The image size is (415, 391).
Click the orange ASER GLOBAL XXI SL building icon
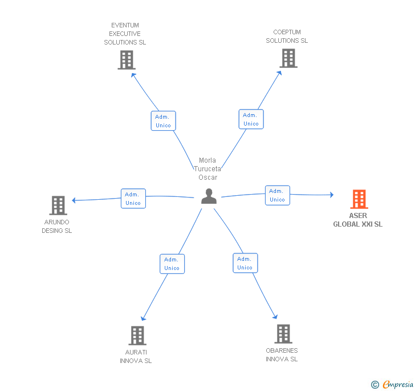359,199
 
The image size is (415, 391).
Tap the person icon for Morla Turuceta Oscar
209,196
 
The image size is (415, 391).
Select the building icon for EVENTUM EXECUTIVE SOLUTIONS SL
127,60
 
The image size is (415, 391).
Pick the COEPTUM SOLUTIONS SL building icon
288,58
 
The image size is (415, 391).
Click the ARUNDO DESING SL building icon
58,205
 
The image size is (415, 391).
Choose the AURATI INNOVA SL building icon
137,336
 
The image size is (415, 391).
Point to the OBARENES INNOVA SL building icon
283,334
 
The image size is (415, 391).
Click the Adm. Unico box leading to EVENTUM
163,121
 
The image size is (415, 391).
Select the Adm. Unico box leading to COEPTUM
251,119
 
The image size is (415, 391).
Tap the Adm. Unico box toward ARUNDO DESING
133,199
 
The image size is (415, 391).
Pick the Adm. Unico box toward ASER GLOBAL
278,195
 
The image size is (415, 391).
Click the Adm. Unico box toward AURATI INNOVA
172,264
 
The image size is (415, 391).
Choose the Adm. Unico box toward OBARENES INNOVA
245,263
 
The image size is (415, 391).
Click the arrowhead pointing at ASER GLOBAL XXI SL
332,195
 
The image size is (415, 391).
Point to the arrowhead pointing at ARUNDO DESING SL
74,200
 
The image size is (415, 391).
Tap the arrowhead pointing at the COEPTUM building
279,73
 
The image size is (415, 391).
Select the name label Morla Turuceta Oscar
207,169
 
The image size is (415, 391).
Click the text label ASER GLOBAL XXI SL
358,220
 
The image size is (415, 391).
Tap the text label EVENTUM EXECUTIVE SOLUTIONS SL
125,34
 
